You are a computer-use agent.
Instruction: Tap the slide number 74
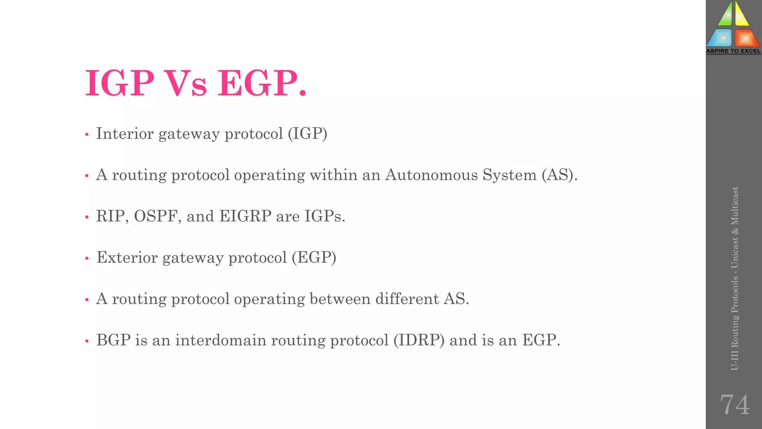(734, 405)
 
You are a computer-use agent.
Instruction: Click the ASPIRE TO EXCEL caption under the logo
(733, 51)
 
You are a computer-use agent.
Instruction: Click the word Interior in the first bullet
(125, 134)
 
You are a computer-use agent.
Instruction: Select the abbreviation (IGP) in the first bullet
(307, 134)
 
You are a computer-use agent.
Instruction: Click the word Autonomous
(431, 175)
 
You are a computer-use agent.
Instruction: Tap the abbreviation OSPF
(155, 216)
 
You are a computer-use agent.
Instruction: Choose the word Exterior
(127, 258)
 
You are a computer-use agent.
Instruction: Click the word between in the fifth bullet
(340, 299)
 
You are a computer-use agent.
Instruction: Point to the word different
(407, 299)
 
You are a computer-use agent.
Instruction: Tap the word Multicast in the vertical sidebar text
(735, 206)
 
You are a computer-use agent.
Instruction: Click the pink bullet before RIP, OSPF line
(87, 217)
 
